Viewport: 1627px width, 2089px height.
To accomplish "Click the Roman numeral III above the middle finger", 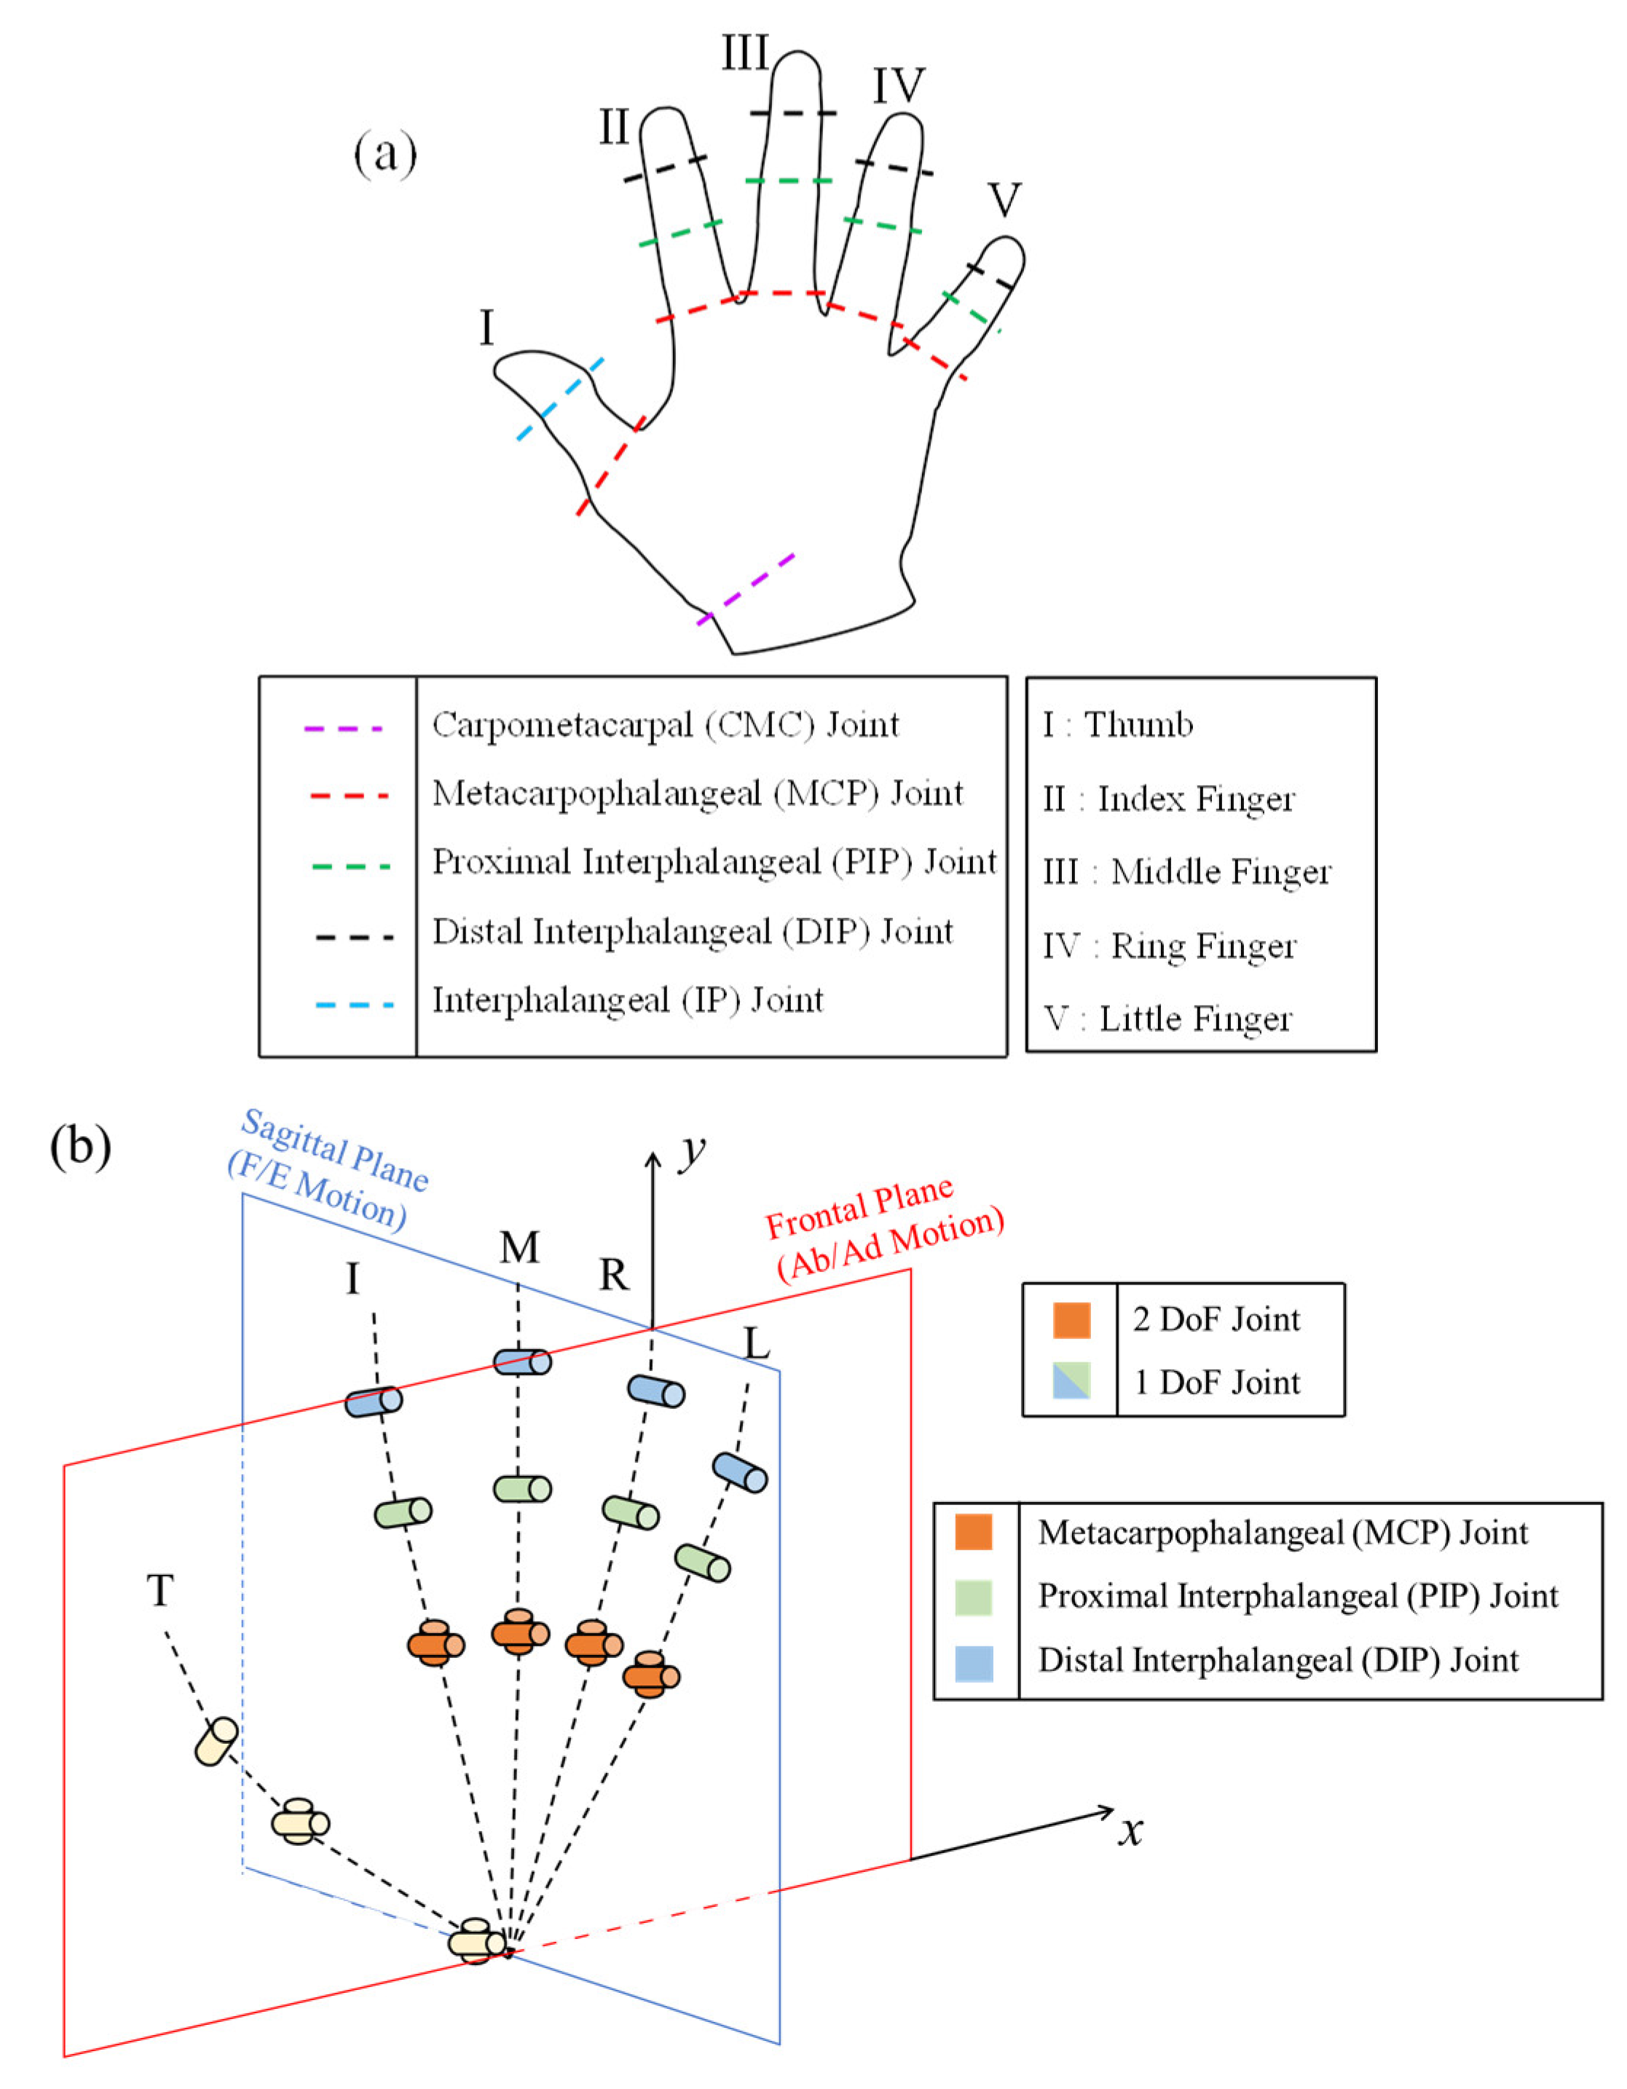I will (x=745, y=52).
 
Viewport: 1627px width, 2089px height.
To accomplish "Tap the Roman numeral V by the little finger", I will (x=1004, y=200).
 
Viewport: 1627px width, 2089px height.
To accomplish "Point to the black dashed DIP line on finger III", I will (x=793, y=113).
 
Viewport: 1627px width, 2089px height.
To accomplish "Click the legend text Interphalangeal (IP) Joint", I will (x=628, y=1000).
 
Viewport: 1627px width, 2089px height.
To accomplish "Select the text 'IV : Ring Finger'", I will (x=1169, y=946).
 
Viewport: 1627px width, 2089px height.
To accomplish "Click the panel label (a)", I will (x=385, y=153).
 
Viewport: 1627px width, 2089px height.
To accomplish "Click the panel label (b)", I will (x=79, y=1145).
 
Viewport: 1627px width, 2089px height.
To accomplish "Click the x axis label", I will (x=1132, y=1831).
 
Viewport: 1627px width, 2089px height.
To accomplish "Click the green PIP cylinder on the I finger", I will (x=403, y=1512).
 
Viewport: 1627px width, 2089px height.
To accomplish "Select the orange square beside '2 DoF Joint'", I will (x=1071, y=1320).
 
